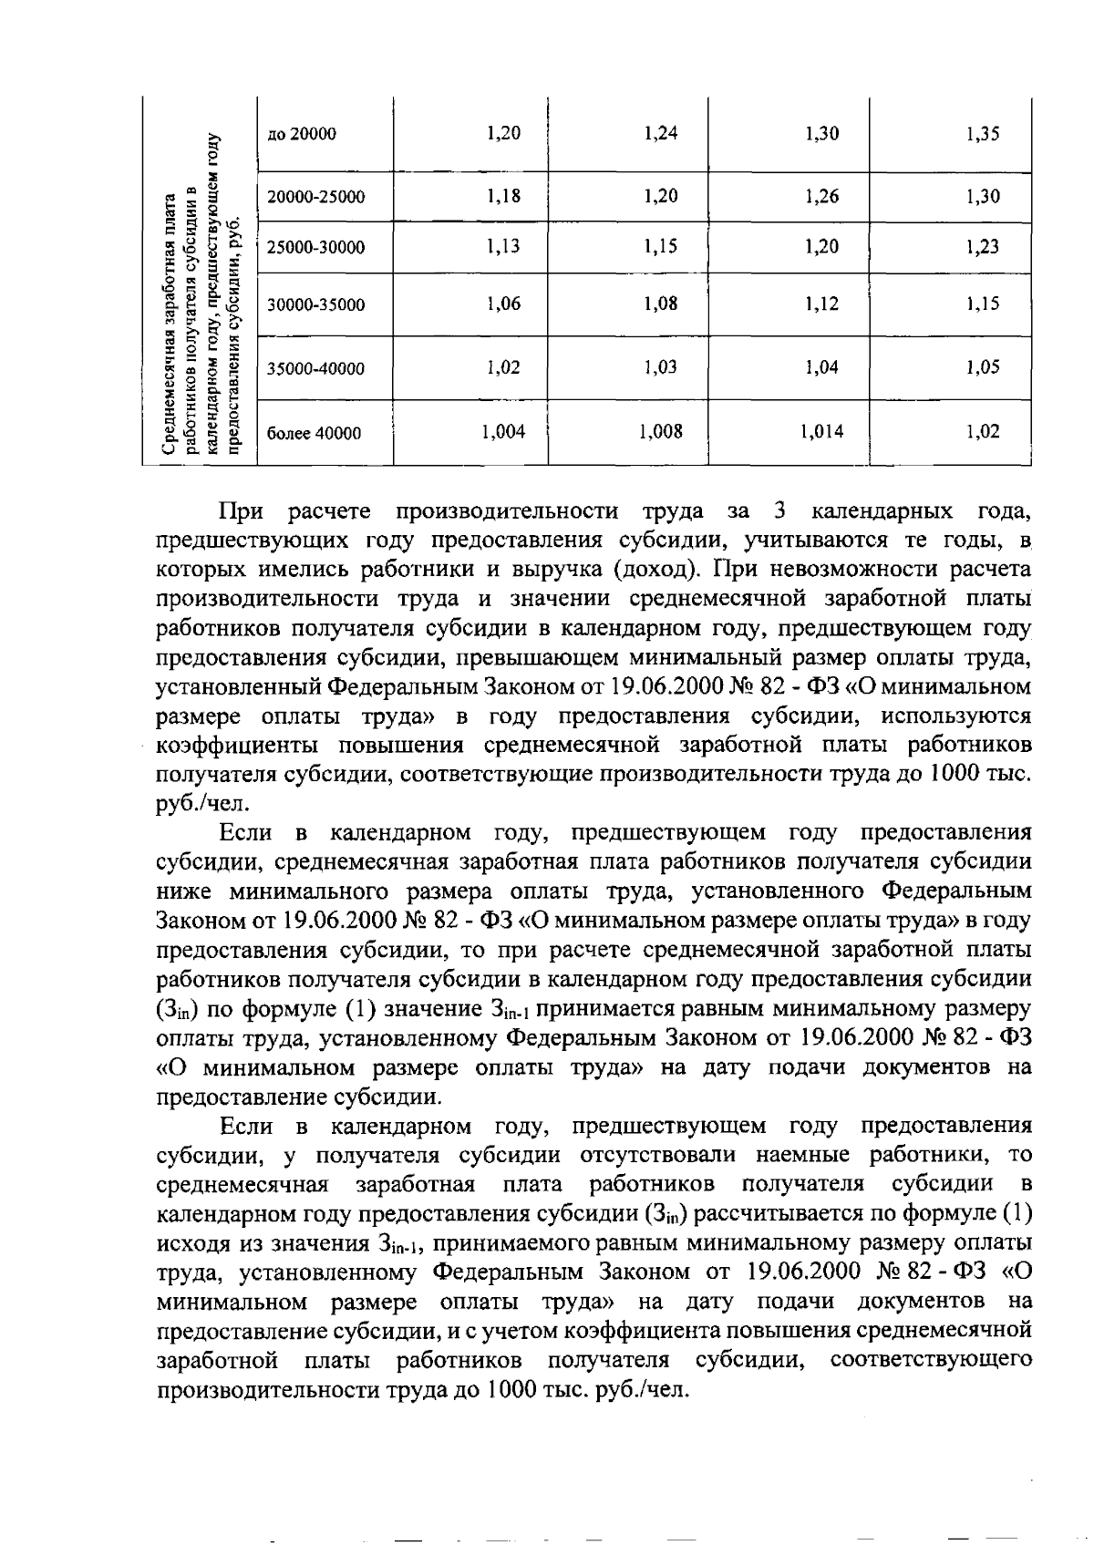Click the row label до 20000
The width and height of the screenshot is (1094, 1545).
[302, 135]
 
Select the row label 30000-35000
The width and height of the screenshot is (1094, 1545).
[315, 305]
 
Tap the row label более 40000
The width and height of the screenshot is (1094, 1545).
[314, 434]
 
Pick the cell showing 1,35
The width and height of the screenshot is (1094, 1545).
[983, 135]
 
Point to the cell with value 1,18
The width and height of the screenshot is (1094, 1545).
[503, 195]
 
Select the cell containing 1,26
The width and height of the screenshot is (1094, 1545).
[822, 196]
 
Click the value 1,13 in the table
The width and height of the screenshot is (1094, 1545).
[503, 246]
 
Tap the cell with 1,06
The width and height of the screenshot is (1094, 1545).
[503, 304]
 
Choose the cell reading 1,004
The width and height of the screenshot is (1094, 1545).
[503, 432]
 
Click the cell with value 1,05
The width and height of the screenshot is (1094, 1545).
[983, 367]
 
